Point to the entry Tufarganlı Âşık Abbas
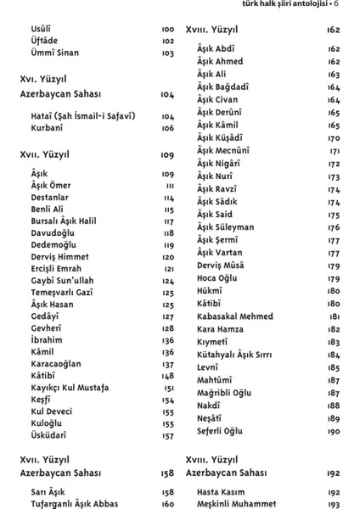point(75,503)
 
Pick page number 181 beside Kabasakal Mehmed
point(334,316)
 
